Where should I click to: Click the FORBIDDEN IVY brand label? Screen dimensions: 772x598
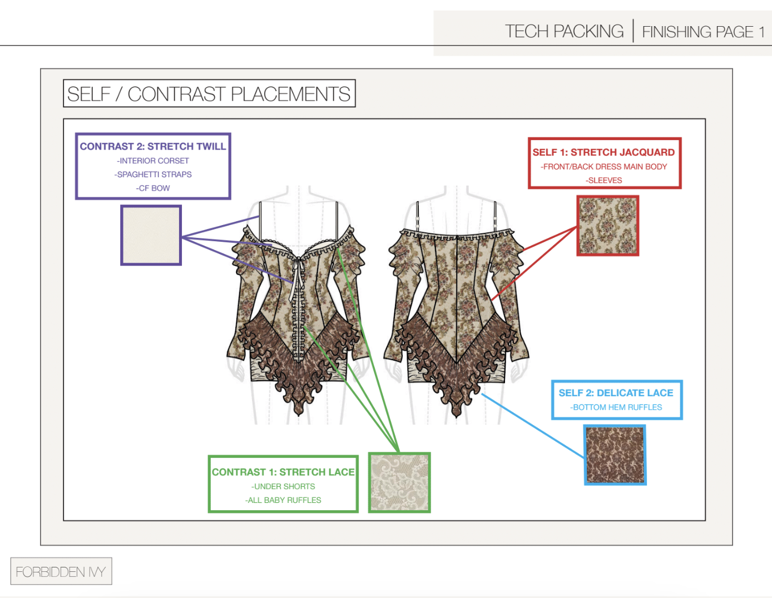click(x=61, y=571)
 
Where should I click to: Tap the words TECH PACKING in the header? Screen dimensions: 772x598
click(x=564, y=32)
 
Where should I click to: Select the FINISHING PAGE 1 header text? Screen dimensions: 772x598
click(x=703, y=32)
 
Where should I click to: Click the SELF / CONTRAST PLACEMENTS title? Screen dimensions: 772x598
click(x=209, y=94)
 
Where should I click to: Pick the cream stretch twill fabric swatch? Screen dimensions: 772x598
click(x=151, y=235)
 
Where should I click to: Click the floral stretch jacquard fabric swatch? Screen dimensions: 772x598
click(x=607, y=226)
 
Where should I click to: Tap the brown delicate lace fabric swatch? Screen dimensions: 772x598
click(x=615, y=455)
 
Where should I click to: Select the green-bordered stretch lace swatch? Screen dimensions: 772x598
click(x=399, y=482)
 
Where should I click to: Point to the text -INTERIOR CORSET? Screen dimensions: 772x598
click(x=153, y=161)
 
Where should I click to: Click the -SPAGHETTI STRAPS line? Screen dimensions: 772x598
click(x=153, y=175)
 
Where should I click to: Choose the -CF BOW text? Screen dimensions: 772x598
click(x=153, y=188)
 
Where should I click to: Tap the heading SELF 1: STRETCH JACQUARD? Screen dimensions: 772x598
click(x=603, y=152)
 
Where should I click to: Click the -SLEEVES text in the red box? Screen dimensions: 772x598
click(x=604, y=181)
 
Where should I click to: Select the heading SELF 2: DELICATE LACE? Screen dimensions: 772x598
click(x=616, y=393)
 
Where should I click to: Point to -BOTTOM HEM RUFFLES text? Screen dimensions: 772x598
click(x=616, y=407)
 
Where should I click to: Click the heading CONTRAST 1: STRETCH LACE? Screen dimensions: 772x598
click(x=283, y=472)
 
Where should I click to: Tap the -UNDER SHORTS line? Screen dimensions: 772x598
click(x=283, y=486)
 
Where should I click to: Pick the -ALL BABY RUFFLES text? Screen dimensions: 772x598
click(x=283, y=500)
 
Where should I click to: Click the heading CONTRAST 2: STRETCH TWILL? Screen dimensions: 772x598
click(x=153, y=146)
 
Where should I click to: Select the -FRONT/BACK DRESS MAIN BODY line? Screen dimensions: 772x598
click(x=604, y=167)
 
